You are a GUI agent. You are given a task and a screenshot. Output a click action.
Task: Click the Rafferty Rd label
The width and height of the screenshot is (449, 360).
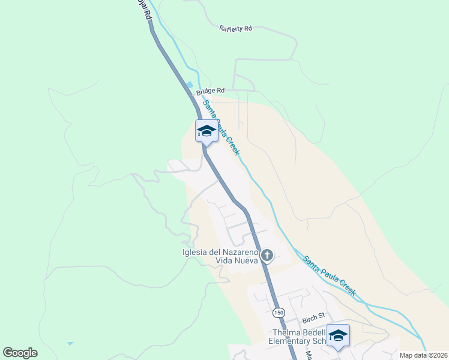coord(235,28)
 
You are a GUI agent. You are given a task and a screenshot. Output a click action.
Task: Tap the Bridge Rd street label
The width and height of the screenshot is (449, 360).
coord(210,91)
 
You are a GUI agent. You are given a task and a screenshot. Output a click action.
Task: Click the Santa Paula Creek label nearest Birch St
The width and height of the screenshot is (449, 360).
coord(330,276)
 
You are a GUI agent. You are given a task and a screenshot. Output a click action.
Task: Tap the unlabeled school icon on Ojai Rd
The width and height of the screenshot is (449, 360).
coord(206,130)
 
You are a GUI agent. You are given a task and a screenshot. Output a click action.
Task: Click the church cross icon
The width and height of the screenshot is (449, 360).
coord(267,256)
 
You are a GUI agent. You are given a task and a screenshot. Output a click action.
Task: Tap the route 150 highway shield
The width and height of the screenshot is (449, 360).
coord(279,312)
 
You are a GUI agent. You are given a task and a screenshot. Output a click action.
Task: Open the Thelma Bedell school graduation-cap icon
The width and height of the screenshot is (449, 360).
coord(338,335)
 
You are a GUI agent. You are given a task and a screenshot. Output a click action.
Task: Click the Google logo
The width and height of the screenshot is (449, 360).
coord(20,352)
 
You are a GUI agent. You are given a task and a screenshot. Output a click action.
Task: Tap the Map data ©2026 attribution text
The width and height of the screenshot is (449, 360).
coord(423,355)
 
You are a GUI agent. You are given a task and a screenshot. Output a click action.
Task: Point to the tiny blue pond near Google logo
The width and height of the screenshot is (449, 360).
coord(70,344)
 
